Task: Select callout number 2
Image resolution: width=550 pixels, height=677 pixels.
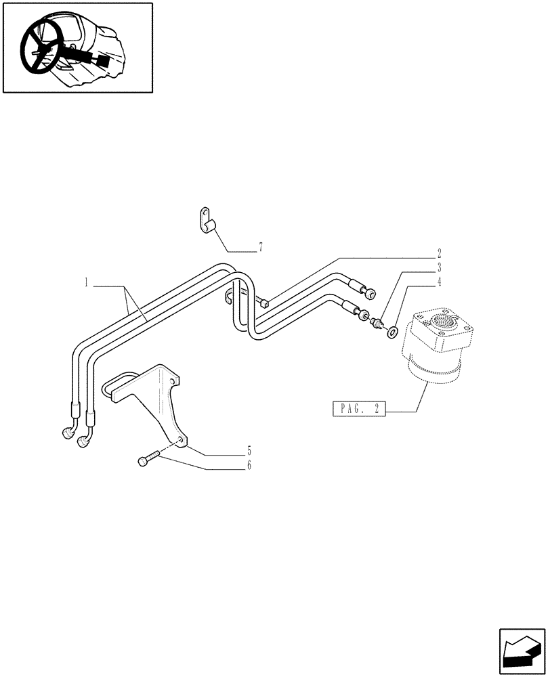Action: pos(439,255)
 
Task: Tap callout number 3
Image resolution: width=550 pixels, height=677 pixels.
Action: pos(439,268)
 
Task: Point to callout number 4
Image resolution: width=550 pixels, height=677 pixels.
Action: pos(439,281)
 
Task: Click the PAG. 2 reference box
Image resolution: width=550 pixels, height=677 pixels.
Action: pos(358,410)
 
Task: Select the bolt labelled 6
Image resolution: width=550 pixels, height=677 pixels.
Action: pos(149,458)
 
